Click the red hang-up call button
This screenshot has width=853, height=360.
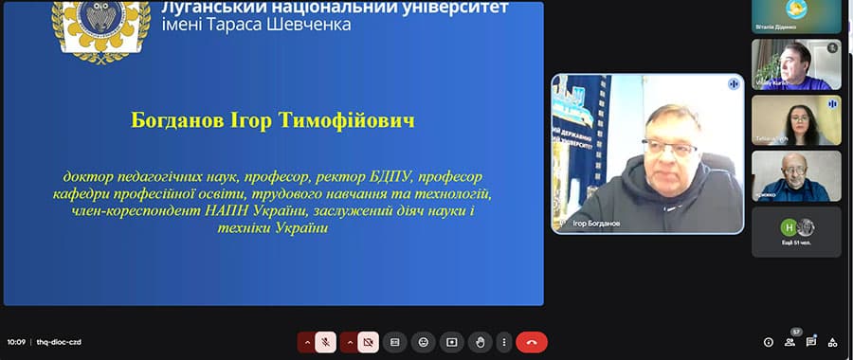pos(531,342)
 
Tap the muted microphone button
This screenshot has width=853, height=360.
pos(325,342)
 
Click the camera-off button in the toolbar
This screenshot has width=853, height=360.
pos(368,342)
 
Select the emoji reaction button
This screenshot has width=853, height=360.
pos(423,342)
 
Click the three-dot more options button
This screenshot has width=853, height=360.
pos(502,342)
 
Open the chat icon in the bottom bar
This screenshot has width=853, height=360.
pos(811,342)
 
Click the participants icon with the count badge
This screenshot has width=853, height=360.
pos(790,342)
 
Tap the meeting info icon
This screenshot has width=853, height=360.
pos(769,342)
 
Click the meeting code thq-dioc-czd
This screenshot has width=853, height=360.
pos(60,342)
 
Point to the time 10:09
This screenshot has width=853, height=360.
pos(16,342)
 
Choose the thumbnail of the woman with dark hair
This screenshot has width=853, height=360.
pos(796,120)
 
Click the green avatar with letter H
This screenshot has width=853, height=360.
pos(787,227)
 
